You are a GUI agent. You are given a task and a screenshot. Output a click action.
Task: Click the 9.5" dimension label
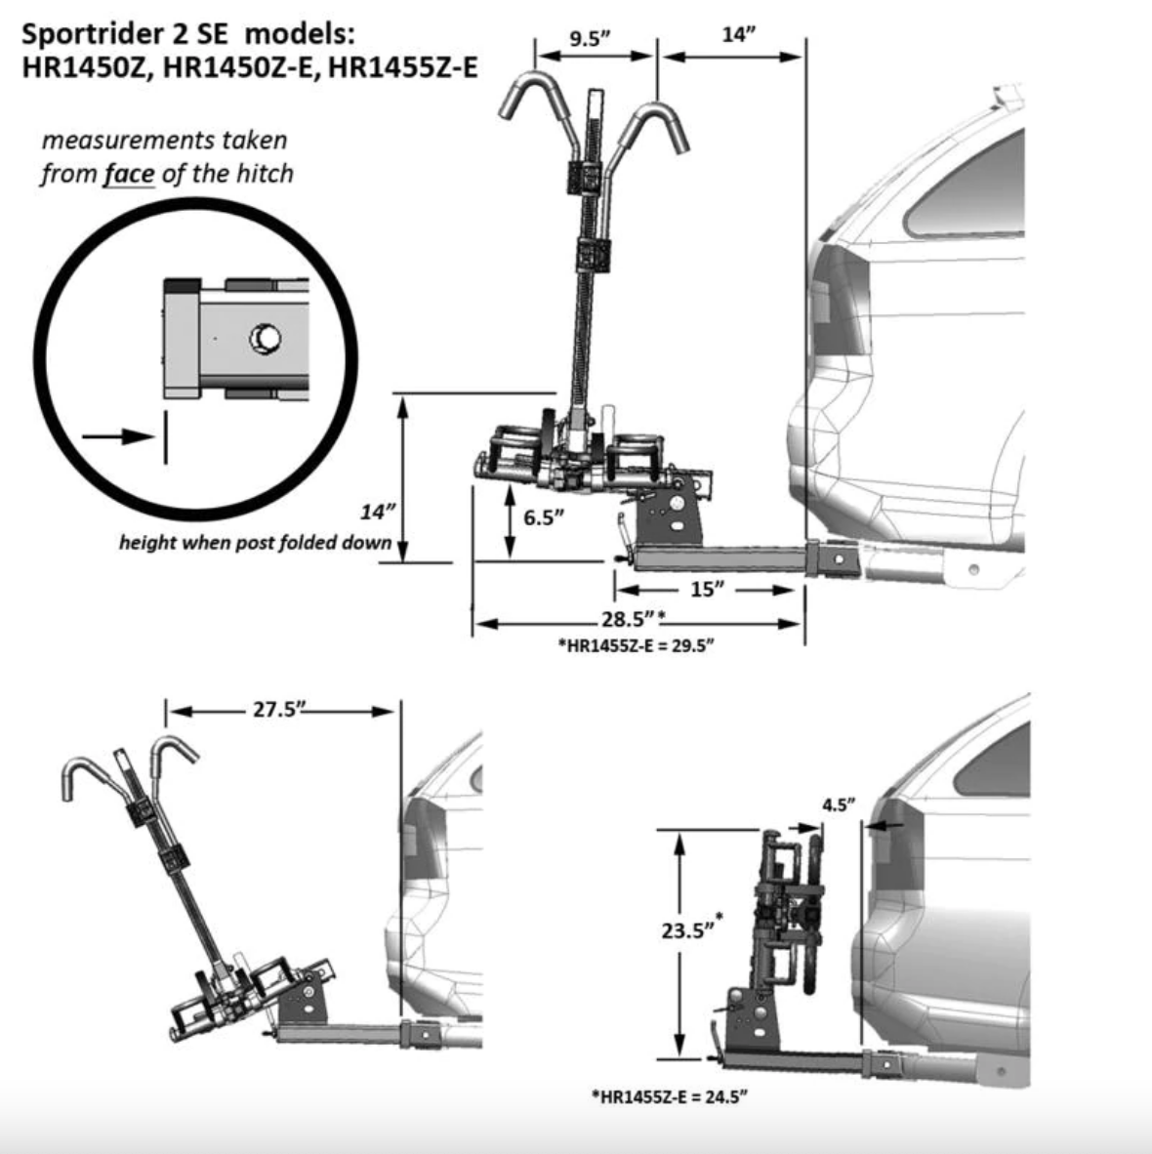pyautogui.click(x=590, y=38)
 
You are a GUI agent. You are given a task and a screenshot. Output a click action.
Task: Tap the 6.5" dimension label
pyautogui.click(x=545, y=516)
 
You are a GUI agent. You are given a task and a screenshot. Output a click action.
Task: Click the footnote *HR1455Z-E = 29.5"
pyautogui.click(x=636, y=645)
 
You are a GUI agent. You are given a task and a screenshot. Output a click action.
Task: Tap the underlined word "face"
pyautogui.click(x=129, y=174)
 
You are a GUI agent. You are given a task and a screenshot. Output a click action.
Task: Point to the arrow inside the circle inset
pyautogui.click(x=117, y=436)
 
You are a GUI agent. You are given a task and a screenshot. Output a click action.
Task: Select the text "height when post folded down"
pyautogui.click(x=255, y=542)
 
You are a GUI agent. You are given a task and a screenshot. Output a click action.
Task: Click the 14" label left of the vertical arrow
pyautogui.click(x=379, y=513)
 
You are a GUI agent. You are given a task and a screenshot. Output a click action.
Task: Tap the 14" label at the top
pyautogui.click(x=739, y=35)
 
